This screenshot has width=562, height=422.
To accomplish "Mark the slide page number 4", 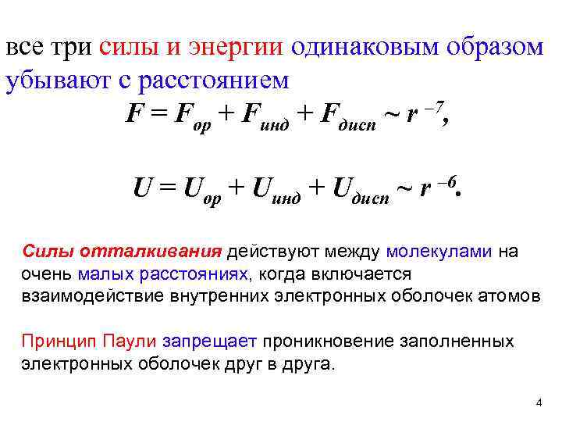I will coord(539,402).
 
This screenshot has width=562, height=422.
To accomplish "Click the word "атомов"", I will coord(508,295).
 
